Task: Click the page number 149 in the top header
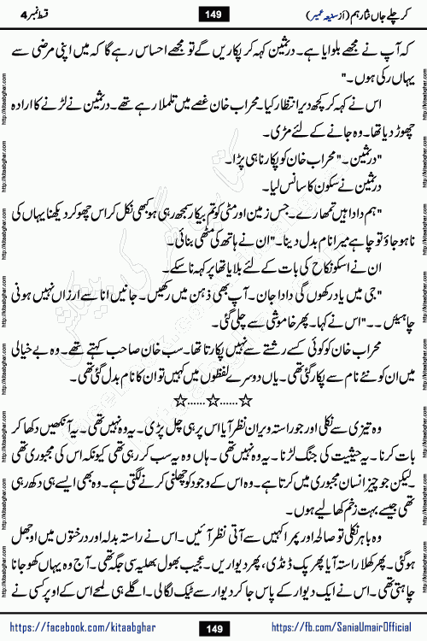213,13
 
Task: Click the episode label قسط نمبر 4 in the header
38,13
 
